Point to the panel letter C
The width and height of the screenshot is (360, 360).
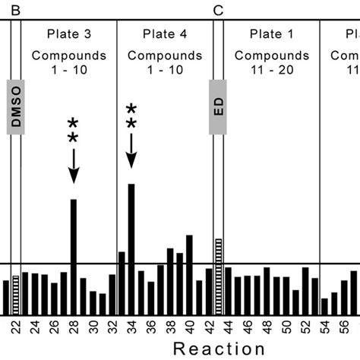219,10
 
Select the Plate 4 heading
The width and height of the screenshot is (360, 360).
165,34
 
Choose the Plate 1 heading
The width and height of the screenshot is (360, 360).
271,34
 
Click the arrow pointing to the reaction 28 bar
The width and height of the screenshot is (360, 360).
74,163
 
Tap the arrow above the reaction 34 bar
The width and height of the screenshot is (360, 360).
131,149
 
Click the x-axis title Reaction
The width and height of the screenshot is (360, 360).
219,349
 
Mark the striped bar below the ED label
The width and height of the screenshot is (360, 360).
218,274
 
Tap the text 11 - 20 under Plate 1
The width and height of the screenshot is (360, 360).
271,71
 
